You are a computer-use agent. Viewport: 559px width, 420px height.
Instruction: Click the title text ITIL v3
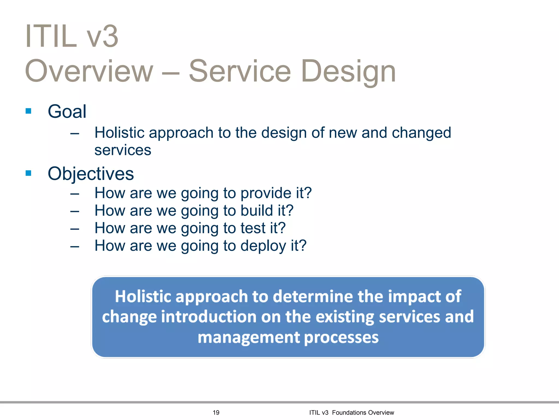click(x=72, y=36)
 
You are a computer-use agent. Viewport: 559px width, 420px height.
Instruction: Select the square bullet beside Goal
click(x=28, y=111)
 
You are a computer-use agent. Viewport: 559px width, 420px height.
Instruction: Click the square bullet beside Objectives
click(x=28, y=173)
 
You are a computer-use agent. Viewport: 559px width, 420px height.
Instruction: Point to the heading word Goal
click(x=67, y=112)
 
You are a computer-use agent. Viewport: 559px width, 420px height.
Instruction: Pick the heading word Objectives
click(x=91, y=174)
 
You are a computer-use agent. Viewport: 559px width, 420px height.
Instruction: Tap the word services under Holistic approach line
click(x=123, y=150)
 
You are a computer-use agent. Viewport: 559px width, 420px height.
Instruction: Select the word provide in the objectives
click(x=266, y=193)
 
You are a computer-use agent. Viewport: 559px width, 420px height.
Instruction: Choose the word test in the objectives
click(x=253, y=228)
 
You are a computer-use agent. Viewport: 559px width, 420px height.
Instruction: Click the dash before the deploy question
click(x=75, y=247)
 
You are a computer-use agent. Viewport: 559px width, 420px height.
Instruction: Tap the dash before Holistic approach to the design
click(x=75, y=134)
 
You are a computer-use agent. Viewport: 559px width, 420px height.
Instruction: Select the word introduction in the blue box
click(x=209, y=317)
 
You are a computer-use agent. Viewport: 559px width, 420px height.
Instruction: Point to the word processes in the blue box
click(x=341, y=338)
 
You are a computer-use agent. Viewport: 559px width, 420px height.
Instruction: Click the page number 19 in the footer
click(x=216, y=412)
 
